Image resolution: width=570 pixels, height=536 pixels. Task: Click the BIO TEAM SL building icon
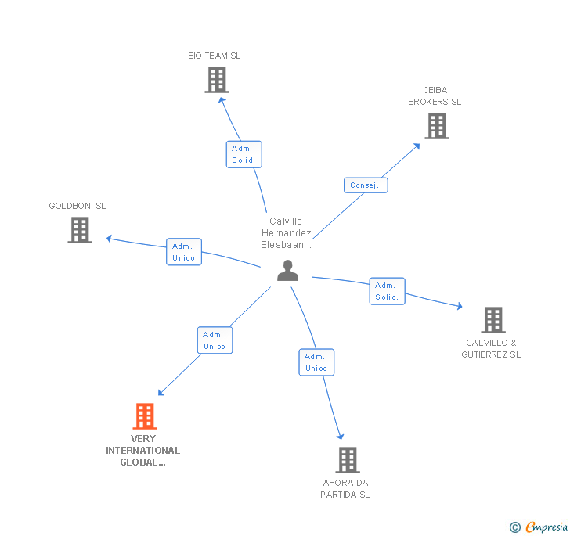(x=216, y=80)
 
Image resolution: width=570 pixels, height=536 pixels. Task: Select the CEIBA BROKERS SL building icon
(x=437, y=126)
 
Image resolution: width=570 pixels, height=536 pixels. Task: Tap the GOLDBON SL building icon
(x=80, y=230)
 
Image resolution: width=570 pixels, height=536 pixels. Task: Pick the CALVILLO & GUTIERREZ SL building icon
(x=492, y=319)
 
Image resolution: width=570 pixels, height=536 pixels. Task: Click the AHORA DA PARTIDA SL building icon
(x=348, y=460)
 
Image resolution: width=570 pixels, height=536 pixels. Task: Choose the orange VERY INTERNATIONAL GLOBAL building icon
(x=145, y=416)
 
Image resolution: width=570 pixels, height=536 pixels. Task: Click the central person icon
(x=288, y=271)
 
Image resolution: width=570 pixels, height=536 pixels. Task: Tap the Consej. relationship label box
(x=366, y=185)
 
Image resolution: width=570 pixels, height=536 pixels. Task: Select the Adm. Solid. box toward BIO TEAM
(x=244, y=154)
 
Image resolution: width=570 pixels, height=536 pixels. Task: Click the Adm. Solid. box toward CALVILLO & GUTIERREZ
(x=388, y=291)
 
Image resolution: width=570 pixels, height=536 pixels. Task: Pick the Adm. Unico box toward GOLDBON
(x=184, y=252)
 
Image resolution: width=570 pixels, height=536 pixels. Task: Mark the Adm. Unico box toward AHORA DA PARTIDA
(x=316, y=362)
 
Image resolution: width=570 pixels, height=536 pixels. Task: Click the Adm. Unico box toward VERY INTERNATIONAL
(x=215, y=340)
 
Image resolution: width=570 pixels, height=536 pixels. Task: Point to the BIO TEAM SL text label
(x=215, y=56)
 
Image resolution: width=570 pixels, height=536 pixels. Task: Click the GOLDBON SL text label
(x=78, y=206)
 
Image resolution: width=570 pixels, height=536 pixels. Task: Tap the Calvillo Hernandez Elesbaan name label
(x=286, y=233)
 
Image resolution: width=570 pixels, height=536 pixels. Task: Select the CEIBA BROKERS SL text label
(x=435, y=96)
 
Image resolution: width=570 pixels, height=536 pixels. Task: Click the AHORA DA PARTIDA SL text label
(x=345, y=488)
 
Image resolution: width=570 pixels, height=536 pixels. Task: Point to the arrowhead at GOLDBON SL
(x=110, y=237)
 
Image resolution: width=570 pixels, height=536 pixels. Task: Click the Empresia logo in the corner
(x=539, y=527)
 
